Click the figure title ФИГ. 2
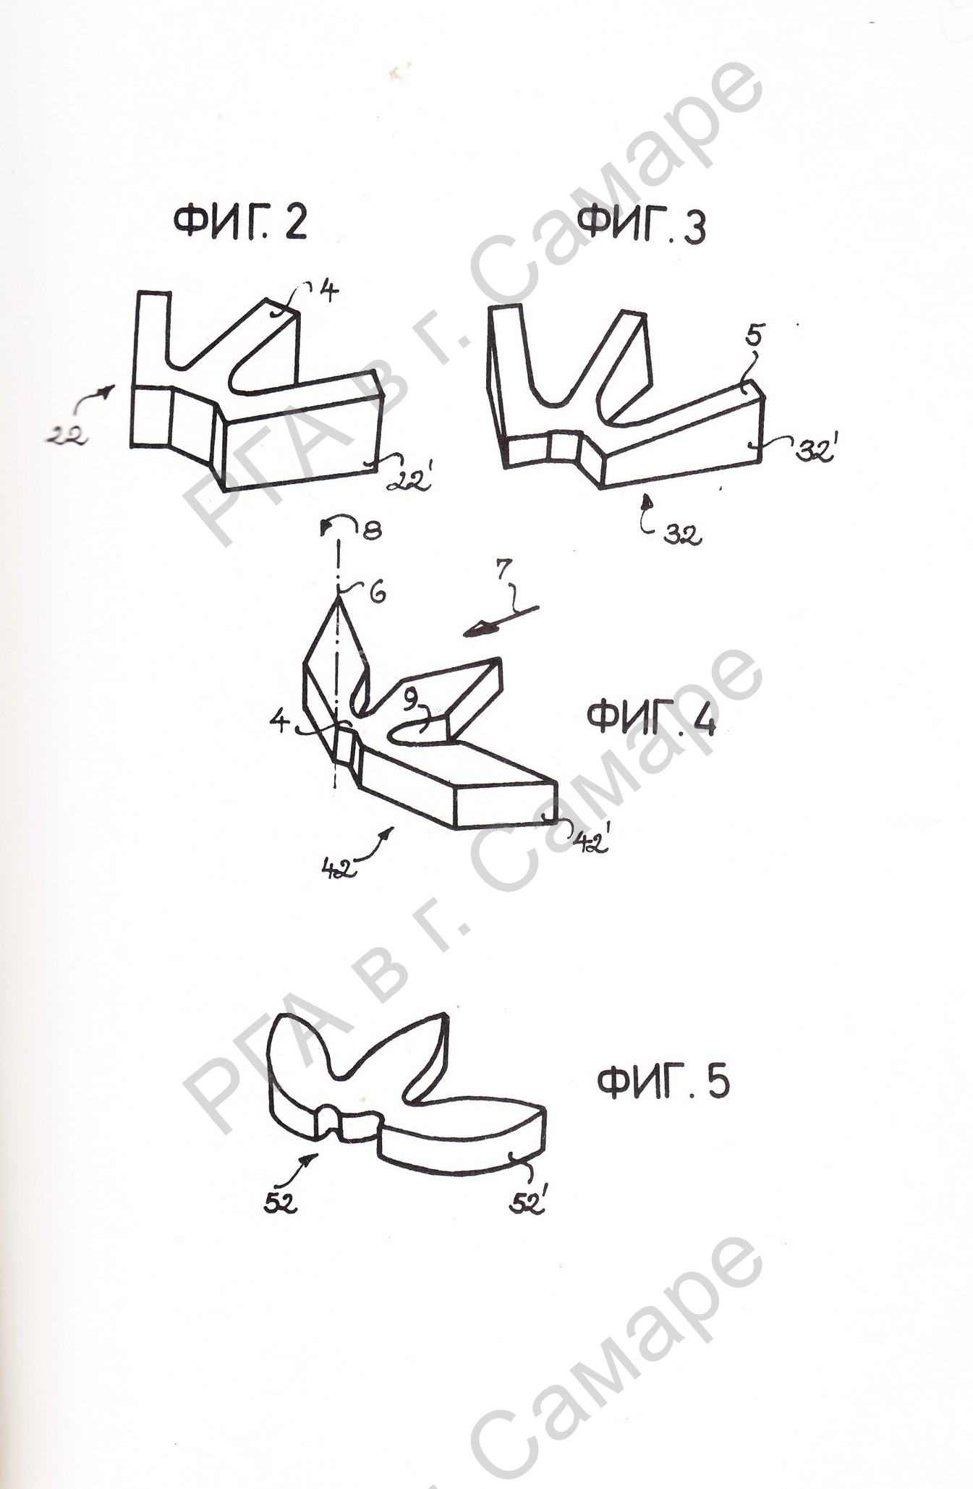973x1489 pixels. [x=240, y=222]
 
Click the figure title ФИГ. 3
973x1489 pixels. [x=643, y=225]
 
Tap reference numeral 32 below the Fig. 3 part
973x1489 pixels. [x=682, y=535]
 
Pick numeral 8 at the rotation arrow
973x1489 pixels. [x=372, y=531]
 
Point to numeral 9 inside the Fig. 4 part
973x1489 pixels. [x=411, y=700]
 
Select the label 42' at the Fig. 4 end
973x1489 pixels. [x=591, y=842]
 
